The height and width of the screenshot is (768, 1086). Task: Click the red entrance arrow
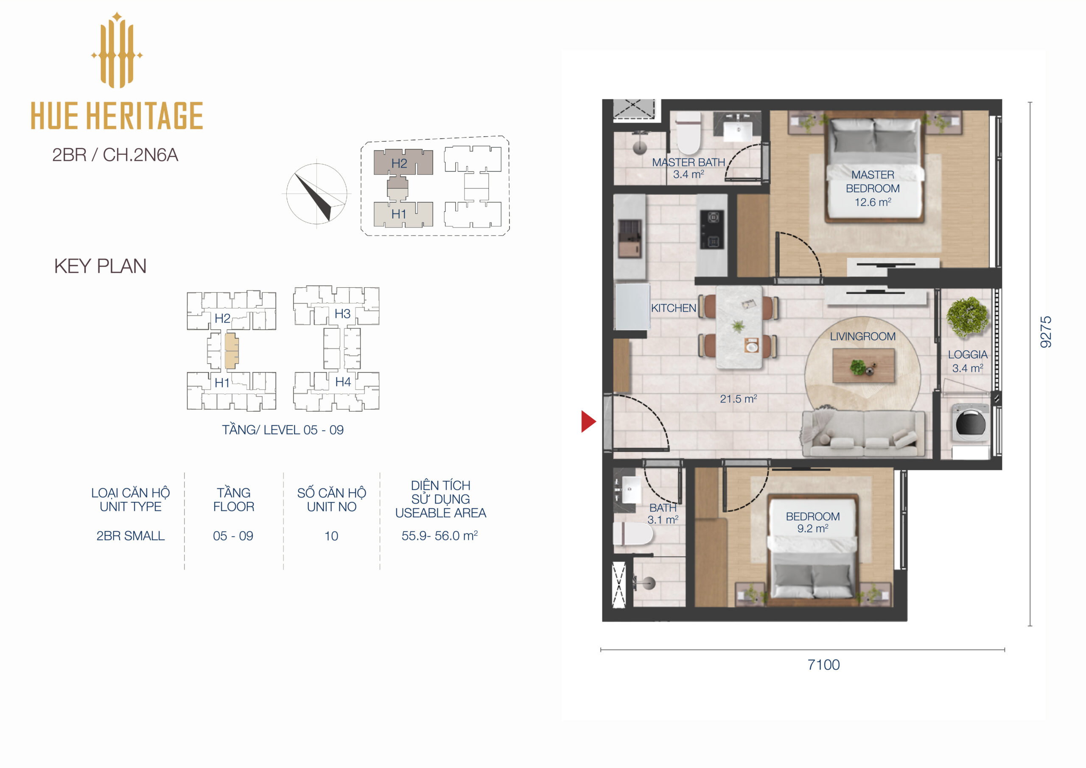(x=588, y=421)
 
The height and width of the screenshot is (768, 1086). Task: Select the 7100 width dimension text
(x=823, y=665)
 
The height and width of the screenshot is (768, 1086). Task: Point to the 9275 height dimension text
(x=1046, y=332)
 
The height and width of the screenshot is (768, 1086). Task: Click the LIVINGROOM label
(x=862, y=336)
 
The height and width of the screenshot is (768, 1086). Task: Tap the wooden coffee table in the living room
(x=863, y=365)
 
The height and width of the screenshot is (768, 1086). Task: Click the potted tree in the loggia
(x=967, y=317)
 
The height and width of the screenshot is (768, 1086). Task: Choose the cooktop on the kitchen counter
(x=712, y=230)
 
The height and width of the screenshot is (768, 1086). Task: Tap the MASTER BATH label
(x=688, y=163)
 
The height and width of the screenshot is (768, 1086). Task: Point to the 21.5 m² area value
(x=738, y=399)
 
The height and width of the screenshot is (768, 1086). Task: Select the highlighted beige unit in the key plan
(x=231, y=350)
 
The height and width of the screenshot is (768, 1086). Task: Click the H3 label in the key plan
(x=342, y=314)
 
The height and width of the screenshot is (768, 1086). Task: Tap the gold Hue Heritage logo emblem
(x=117, y=50)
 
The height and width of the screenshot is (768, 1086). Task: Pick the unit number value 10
(x=331, y=536)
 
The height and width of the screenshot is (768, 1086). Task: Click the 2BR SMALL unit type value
(x=131, y=536)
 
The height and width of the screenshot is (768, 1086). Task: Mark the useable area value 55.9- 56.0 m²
(x=439, y=535)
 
